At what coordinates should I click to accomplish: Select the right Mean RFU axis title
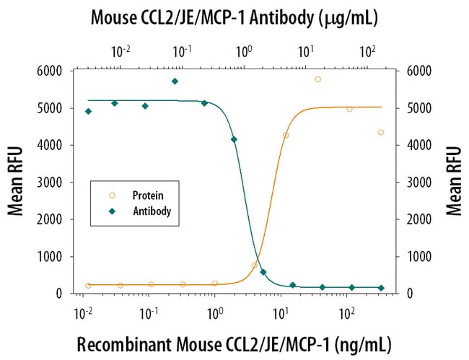pos(454,181)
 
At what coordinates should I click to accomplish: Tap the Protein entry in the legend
pos(147,195)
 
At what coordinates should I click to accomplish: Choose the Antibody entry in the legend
pos(151,211)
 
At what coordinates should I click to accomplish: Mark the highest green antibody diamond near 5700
pos(175,82)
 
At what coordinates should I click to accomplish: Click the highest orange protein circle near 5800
pos(318,79)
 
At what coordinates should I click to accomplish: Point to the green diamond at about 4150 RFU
pos(234,139)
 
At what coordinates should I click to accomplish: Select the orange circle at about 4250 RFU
pos(286,135)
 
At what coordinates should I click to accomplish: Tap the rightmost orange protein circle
pos(381,132)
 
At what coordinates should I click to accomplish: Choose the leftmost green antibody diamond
pos(88,111)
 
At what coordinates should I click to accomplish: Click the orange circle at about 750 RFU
pos(255,265)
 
